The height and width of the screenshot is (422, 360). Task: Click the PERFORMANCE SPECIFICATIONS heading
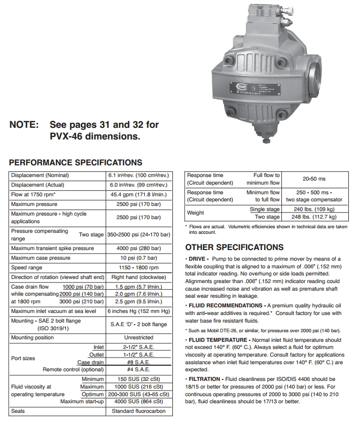tap(76, 163)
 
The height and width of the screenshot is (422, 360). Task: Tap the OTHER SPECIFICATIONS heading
tap(234, 247)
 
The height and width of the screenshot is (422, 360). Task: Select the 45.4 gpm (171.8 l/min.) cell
tap(139, 194)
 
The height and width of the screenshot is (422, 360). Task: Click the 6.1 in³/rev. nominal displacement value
tap(139, 175)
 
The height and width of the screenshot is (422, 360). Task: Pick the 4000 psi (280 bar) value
tap(139, 248)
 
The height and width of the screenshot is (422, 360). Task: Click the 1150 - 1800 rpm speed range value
tap(139, 267)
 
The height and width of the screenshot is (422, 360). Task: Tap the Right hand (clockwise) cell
tap(139, 277)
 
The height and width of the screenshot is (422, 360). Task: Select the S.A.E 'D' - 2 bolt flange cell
tap(139, 324)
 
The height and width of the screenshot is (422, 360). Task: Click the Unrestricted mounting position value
tap(139, 337)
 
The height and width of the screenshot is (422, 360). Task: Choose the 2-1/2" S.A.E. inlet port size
tap(139, 347)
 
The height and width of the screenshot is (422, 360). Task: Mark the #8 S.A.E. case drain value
tap(139, 362)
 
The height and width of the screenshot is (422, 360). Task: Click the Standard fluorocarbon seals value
tap(139, 411)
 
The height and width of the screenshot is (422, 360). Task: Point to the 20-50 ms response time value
tap(314, 179)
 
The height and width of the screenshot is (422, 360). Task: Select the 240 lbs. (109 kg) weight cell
tap(314, 209)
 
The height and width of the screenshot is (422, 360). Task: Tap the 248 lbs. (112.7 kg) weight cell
tap(314, 217)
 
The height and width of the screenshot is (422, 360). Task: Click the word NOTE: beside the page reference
tap(24, 125)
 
